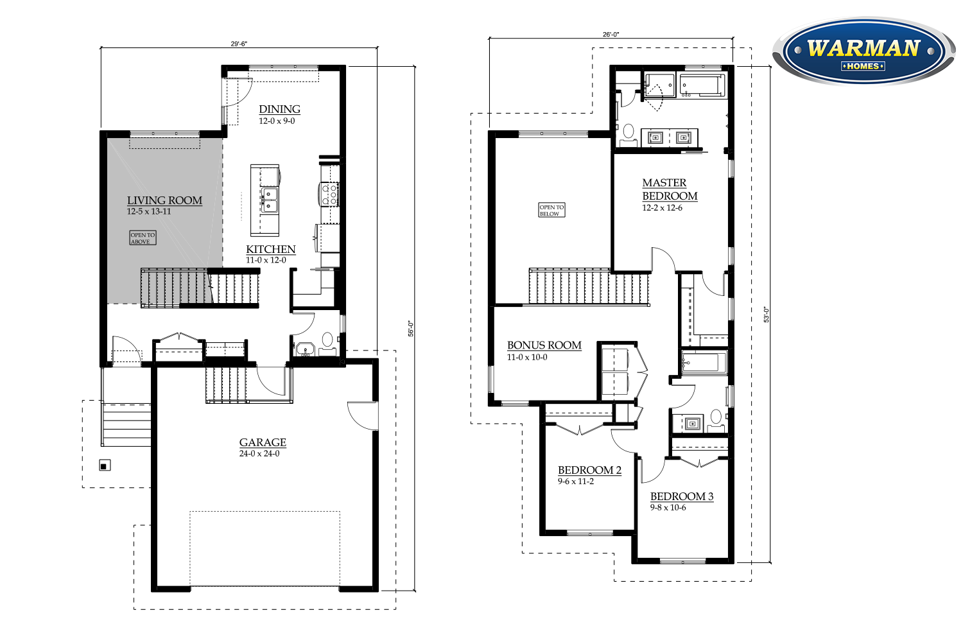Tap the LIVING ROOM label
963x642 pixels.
pos(164,200)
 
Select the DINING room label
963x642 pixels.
pos(279,109)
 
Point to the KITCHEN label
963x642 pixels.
pos(271,249)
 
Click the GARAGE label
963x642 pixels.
pos(263,442)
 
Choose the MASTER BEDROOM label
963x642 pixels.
pos(670,189)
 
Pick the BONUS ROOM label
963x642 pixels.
pos(544,345)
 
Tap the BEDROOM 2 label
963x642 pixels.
pos(589,471)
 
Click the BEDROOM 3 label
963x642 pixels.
pos(682,497)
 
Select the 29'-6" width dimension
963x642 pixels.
pos(239,44)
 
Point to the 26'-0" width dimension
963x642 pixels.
pos(611,35)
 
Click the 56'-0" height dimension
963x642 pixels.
pos(411,329)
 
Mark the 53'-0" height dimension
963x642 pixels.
pos(766,315)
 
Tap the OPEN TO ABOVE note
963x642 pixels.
pos(143,238)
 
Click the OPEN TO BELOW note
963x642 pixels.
pos(551,211)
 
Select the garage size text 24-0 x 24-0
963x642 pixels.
pos(259,454)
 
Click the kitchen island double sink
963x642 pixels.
pos(270,200)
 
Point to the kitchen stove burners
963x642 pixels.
pos(329,194)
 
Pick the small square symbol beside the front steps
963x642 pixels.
pos(105,465)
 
